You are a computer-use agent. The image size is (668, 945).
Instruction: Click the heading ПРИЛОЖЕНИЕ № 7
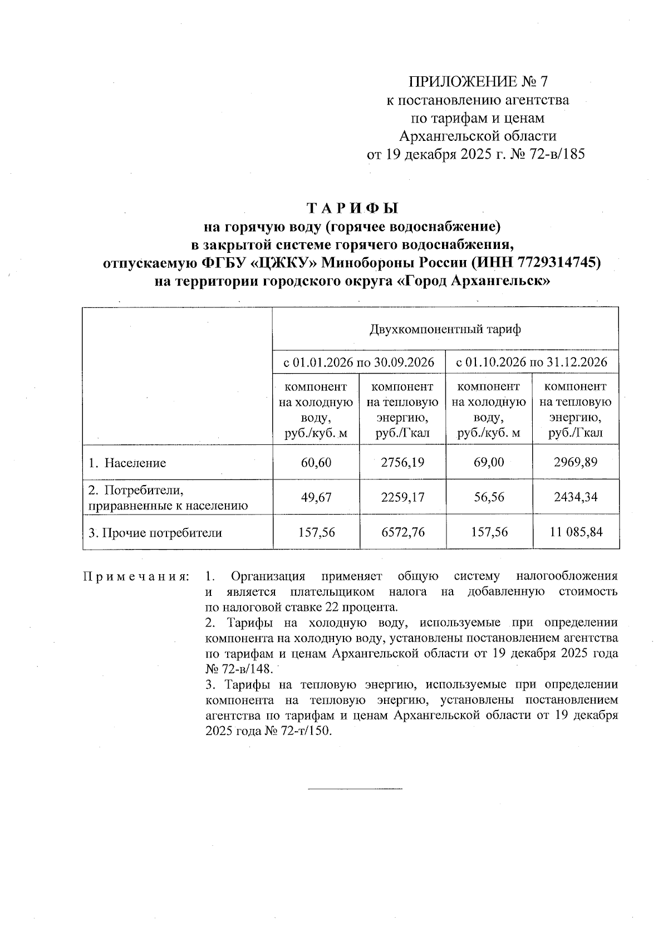tap(478, 82)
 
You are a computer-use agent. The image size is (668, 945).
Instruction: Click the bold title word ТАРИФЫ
tap(353, 208)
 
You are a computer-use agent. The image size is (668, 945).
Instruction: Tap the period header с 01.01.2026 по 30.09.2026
tap(359, 363)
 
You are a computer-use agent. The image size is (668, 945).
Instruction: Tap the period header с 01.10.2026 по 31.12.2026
tap(532, 363)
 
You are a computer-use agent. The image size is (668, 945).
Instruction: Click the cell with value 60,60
tap(316, 462)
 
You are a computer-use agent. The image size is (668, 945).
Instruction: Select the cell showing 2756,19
tap(402, 462)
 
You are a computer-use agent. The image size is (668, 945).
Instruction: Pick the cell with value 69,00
tap(489, 462)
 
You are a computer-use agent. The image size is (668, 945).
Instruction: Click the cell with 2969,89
tap(575, 462)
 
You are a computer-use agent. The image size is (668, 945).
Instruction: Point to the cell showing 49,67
tap(316, 497)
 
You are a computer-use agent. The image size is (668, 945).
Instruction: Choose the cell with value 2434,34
tap(575, 497)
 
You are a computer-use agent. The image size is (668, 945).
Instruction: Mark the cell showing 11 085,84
tap(575, 532)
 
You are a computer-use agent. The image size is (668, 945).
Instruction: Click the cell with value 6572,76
tap(402, 532)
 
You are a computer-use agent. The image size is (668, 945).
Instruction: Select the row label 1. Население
tap(127, 463)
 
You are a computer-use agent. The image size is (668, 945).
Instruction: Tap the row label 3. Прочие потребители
tap(155, 533)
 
